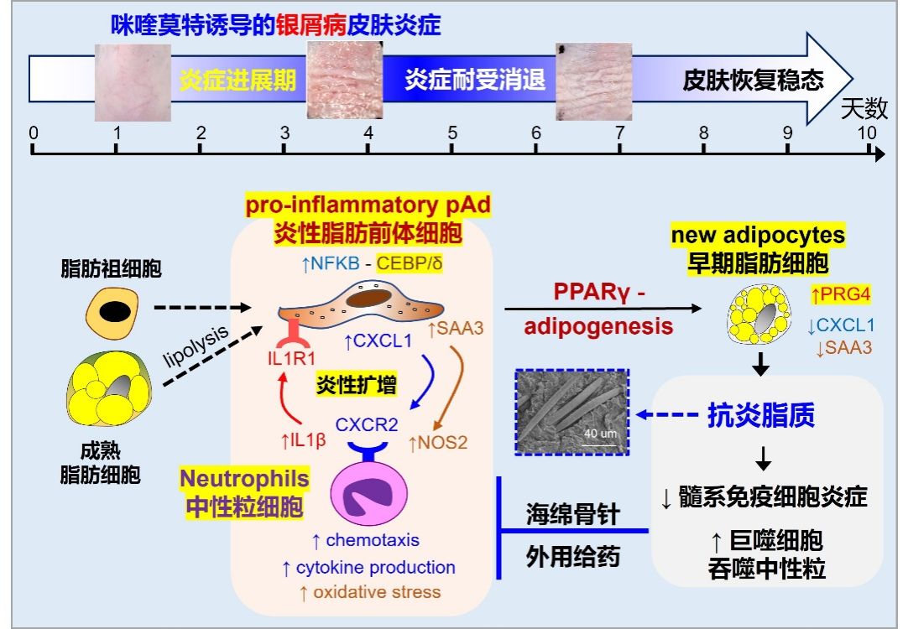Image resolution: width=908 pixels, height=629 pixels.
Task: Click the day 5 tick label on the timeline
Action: (452, 133)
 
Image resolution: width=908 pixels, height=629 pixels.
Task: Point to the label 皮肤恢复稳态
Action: (753, 80)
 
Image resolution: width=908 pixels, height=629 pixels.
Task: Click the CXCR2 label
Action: (367, 424)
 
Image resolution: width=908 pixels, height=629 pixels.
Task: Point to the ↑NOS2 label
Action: (437, 441)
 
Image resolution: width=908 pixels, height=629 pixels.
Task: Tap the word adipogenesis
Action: (599, 325)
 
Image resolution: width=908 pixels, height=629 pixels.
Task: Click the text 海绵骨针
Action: (572, 513)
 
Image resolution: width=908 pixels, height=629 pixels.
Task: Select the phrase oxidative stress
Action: (377, 592)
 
